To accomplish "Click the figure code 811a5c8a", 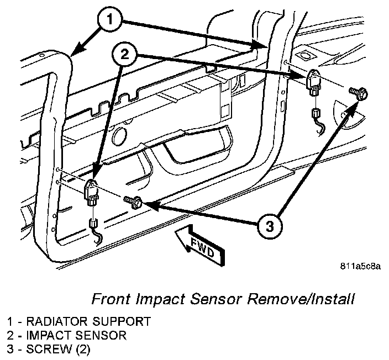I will (x=360, y=267).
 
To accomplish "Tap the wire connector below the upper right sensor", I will (x=317, y=115).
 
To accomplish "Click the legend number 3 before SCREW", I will (x=10, y=350).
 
